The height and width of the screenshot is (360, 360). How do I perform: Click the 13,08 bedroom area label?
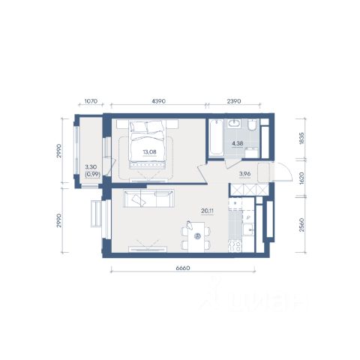[149, 151]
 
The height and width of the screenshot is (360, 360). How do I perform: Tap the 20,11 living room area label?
[208, 211]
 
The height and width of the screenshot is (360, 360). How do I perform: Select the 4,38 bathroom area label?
[238, 143]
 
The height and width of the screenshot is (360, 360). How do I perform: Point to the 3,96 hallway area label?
[245, 174]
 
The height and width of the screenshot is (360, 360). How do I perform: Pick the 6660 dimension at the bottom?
[183, 268]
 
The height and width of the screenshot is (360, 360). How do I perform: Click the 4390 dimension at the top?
[159, 101]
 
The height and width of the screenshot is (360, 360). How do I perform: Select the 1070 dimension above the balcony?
[91, 101]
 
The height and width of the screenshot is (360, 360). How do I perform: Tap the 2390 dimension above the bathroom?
[234, 101]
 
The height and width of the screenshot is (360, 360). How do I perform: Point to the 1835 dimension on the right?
[301, 138]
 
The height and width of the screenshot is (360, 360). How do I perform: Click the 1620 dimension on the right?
[301, 178]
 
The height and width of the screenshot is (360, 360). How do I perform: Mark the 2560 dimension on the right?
[301, 224]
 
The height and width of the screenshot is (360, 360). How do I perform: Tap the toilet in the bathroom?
[253, 124]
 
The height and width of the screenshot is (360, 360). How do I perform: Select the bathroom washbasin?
[234, 124]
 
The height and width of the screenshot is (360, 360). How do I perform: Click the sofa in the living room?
[148, 198]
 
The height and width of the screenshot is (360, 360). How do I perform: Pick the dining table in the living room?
[196, 236]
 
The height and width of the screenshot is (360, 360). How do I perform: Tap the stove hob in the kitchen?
[235, 245]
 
